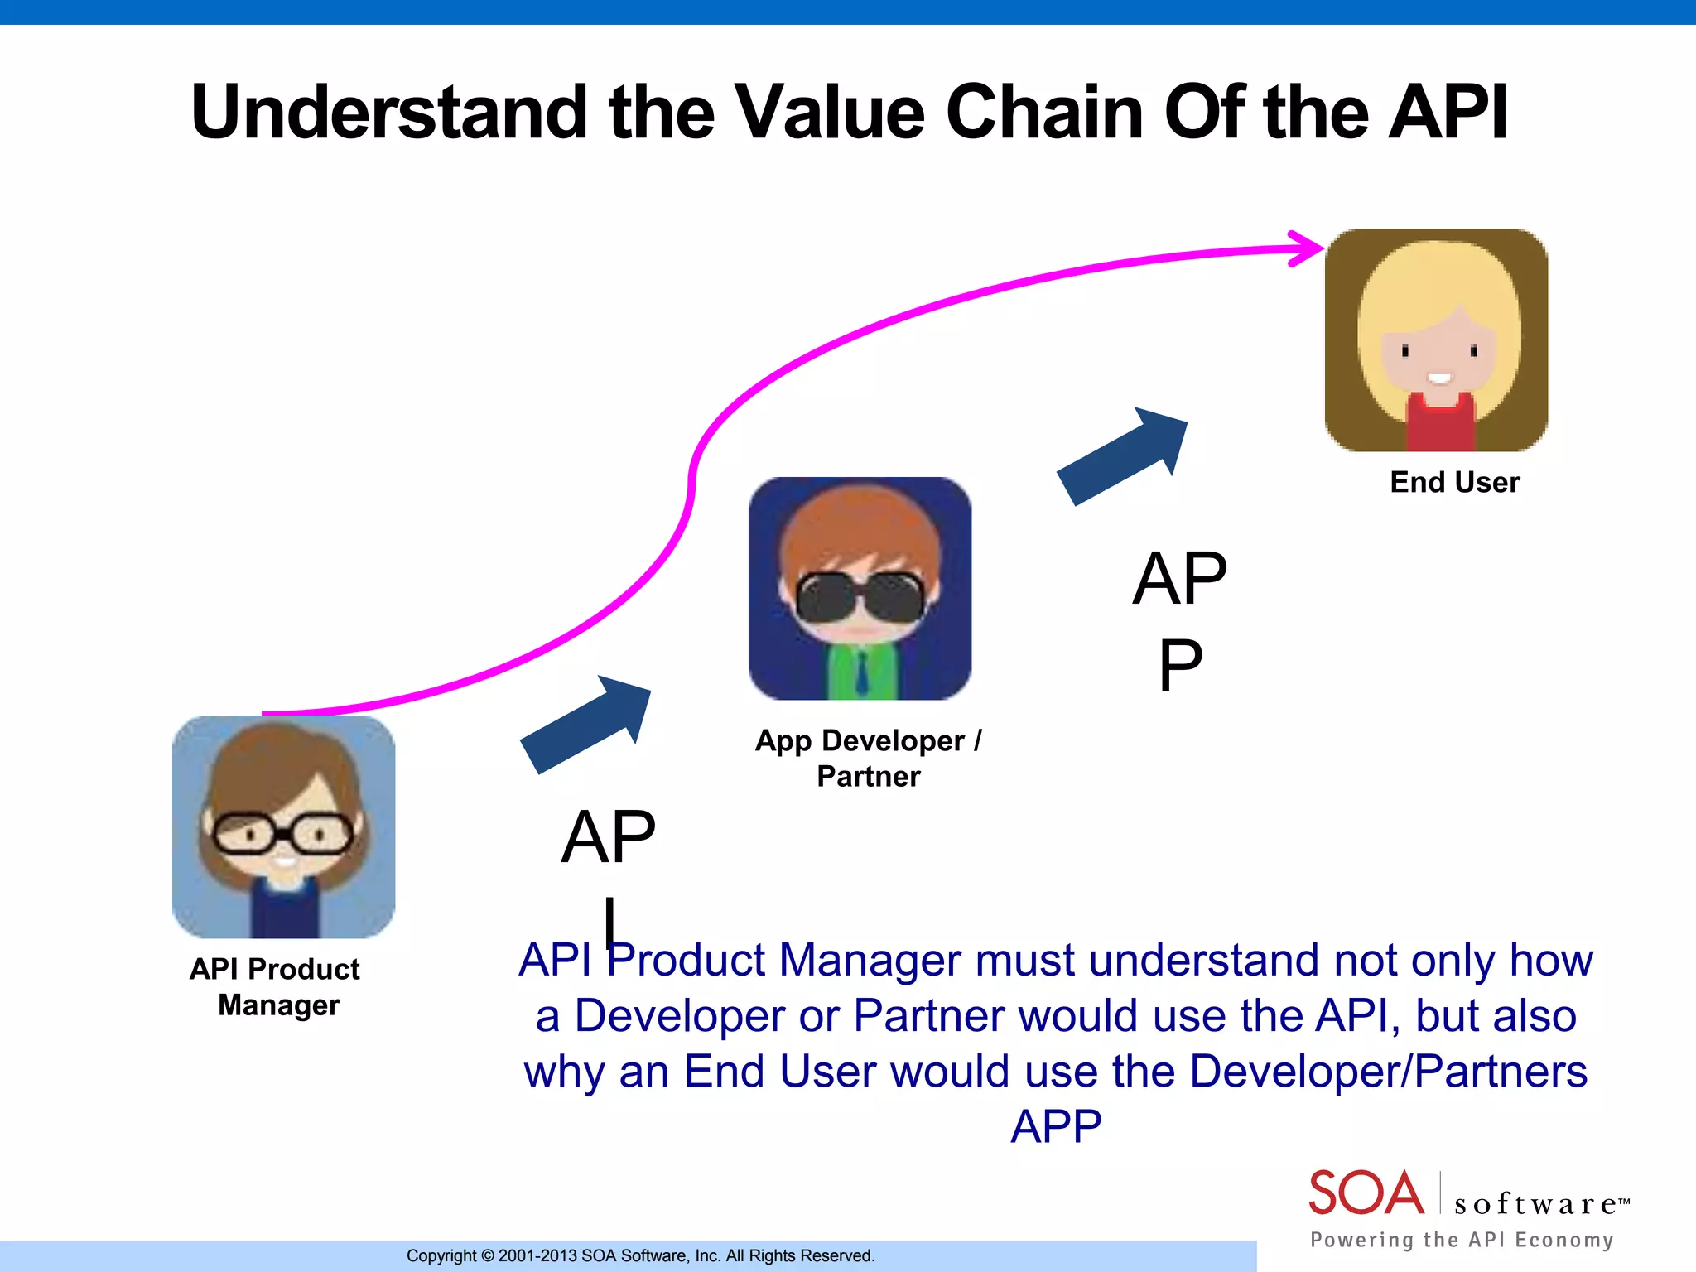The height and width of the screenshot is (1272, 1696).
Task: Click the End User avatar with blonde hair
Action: click(x=1436, y=340)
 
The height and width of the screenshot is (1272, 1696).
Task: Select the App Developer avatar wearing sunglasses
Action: click(x=860, y=588)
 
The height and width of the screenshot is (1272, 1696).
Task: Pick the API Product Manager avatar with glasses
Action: click(x=283, y=826)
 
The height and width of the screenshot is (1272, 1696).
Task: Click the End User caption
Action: click(x=1454, y=482)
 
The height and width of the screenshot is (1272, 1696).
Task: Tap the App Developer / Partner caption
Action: click(x=868, y=758)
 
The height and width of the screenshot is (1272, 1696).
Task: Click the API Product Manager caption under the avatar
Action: click(x=276, y=986)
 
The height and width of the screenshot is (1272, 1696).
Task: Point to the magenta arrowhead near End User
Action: click(x=1308, y=248)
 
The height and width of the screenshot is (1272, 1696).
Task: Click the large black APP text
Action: click(x=1179, y=621)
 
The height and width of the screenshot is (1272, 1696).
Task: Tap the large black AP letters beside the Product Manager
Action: click(x=608, y=838)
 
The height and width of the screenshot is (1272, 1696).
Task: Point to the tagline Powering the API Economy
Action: click(x=1462, y=1240)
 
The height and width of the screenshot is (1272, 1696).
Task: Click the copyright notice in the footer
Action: click(x=640, y=1255)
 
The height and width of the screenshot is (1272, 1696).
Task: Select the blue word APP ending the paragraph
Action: click(x=1056, y=1126)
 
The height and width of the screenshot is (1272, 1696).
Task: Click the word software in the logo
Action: click(x=1535, y=1204)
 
